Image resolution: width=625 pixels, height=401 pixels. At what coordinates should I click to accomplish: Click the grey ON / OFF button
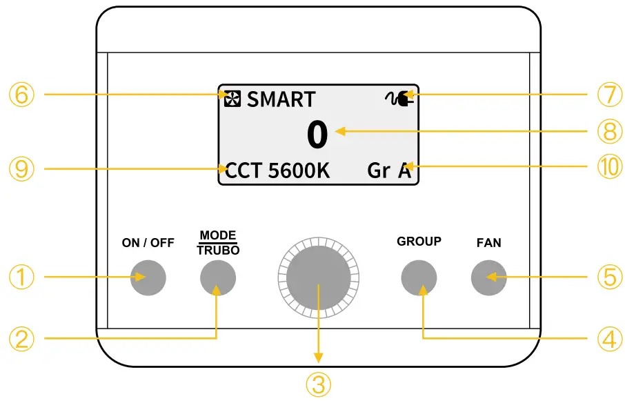(x=148, y=277)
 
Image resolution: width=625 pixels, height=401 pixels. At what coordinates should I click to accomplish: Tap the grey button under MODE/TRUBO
(x=218, y=277)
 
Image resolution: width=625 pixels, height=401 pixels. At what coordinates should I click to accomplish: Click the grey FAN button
(x=489, y=277)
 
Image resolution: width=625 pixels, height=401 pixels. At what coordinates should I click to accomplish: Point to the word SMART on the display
(x=281, y=99)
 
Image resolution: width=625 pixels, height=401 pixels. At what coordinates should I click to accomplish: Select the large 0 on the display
(x=317, y=135)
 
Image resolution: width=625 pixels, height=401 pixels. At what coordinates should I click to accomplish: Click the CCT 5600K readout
(x=277, y=170)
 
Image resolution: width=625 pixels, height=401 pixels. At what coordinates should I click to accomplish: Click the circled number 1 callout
(x=22, y=277)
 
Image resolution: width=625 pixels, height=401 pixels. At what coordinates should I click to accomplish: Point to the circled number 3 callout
(x=318, y=384)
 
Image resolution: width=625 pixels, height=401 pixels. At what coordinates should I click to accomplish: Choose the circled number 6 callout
(x=22, y=94)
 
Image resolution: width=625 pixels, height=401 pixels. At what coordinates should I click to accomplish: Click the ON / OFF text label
(x=148, y=243)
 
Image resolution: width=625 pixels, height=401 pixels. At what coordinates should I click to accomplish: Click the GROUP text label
(x=419, y=242)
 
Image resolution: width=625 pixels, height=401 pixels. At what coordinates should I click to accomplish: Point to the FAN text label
(x=489, y=243)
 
